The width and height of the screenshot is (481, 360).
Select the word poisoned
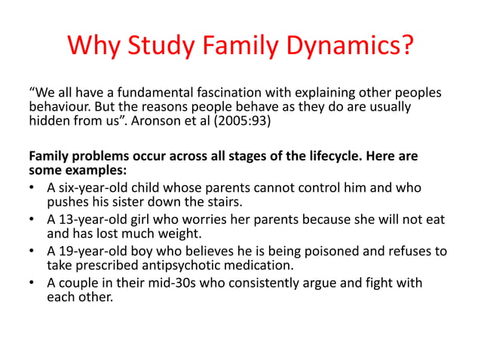[x=320, y=251]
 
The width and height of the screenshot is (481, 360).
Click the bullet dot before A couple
[x=33, y=283]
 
